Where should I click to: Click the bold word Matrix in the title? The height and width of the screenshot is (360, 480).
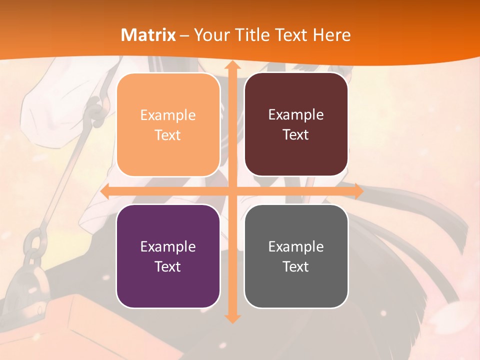pos(148,35)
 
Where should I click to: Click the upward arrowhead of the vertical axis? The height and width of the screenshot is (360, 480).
pos(232,66)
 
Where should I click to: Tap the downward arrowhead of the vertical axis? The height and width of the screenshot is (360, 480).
pos(232,318)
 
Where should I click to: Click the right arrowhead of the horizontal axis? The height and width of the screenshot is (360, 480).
pos(358,191)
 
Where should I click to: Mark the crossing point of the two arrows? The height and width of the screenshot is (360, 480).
pos(232,191)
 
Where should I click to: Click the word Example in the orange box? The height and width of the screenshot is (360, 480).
pos(168,115)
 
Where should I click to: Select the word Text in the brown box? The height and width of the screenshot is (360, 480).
pos(296,135)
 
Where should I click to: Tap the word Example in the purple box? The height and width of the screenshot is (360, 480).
pos(168,247)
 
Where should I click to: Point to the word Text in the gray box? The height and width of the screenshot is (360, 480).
pos(296,266)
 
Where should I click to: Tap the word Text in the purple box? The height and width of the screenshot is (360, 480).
pos(168,266)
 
